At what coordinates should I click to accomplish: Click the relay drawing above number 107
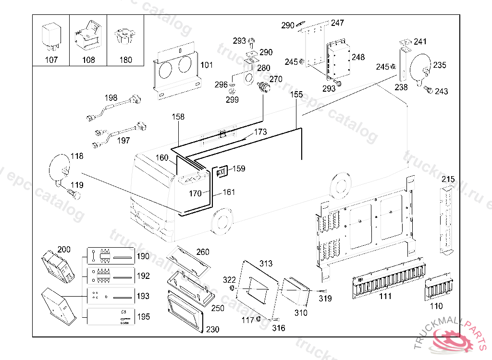click(x=50, y=36)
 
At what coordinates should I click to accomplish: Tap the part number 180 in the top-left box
click(x=125, y=60)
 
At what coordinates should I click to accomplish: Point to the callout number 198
click(x=111, y=98)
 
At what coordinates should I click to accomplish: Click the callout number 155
click(x=297, y=94)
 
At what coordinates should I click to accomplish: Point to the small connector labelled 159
click(x=222, y=171)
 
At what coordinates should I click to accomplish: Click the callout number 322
click(x=229, y=280)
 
